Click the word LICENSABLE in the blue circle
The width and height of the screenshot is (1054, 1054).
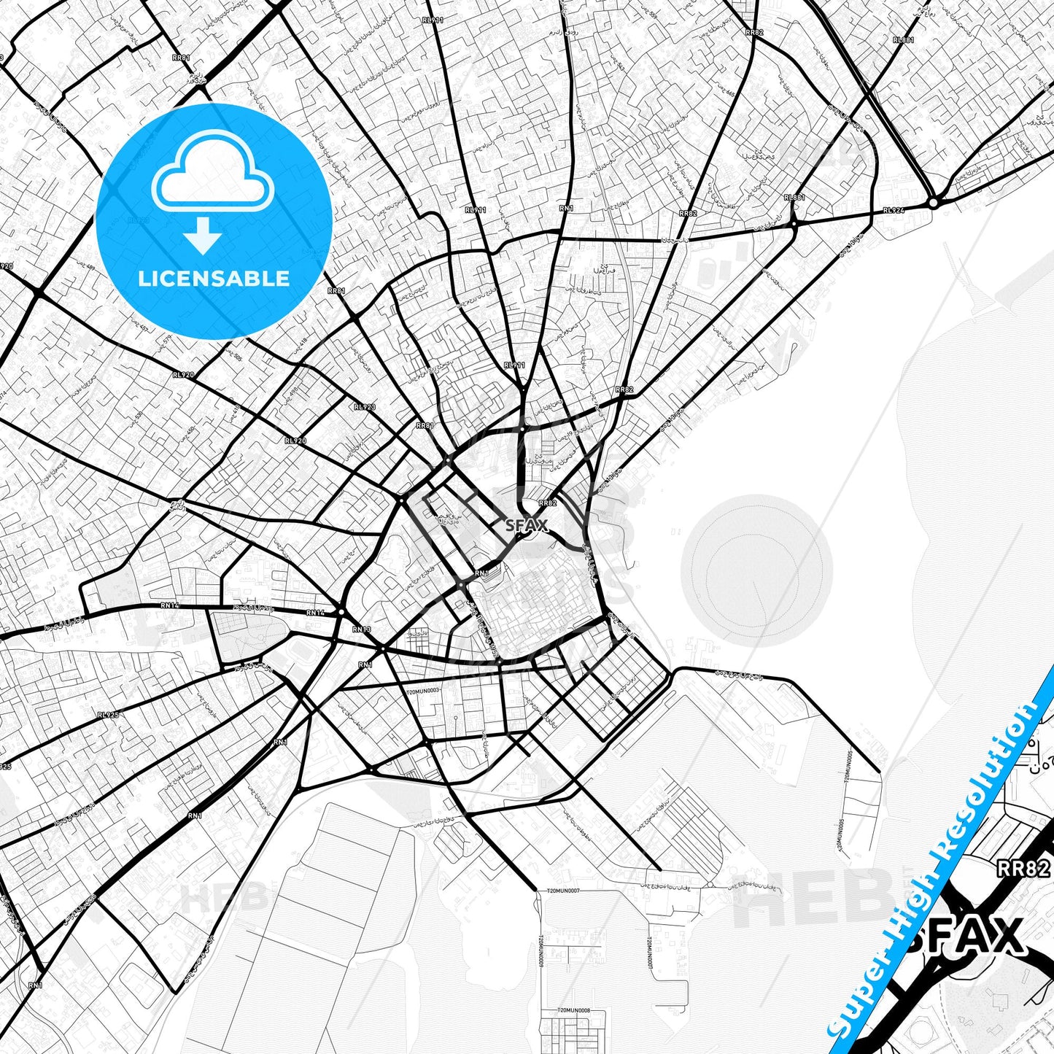(214, 278)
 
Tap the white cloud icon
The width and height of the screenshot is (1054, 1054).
(213, 179)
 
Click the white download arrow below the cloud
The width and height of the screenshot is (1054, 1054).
(203, 235)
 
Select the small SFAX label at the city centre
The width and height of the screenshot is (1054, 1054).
(526, 524)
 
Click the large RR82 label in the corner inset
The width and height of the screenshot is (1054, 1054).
(1023, 868)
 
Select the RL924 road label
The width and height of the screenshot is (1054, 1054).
(894, 210)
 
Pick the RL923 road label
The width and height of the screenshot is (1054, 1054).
(364, 407)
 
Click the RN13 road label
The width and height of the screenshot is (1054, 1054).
(362, 629)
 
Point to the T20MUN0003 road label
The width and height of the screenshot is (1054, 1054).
(423, 690)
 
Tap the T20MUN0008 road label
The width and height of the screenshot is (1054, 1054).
(573, 1011)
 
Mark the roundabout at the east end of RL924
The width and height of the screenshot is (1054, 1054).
(933, 203)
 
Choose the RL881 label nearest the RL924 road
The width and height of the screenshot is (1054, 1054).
(794, 198)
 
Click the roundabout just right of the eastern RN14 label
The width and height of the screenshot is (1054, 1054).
(341, 612)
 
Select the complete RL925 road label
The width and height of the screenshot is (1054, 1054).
(108, 716)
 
